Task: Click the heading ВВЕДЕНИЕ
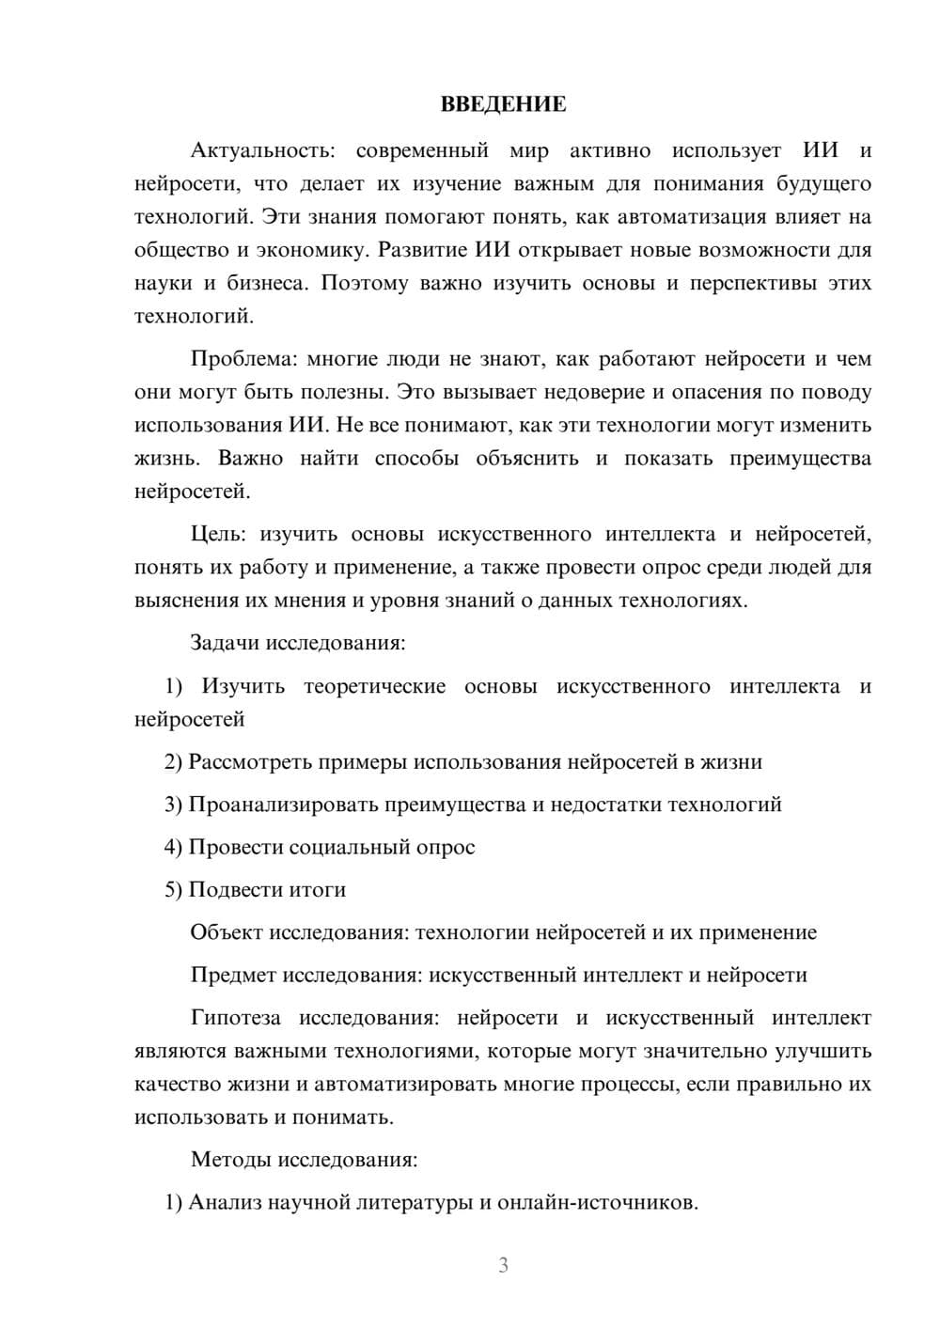[503, 104]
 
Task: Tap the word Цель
[218, 535]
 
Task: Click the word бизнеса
[266, 283]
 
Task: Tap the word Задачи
[225, 644]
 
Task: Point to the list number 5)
[173, 890]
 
